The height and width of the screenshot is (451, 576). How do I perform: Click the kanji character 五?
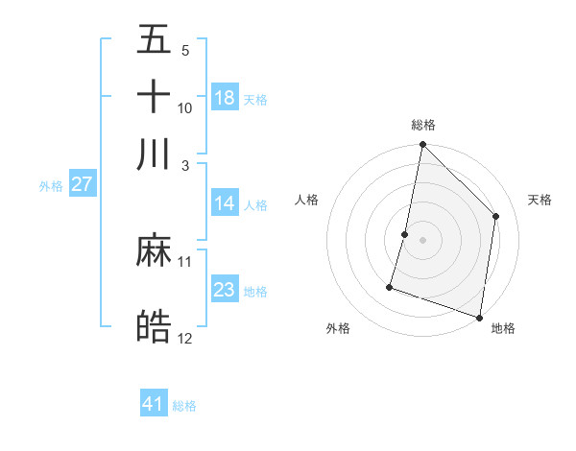pos(155,40)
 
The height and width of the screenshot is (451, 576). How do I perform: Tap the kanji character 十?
pos(155,97)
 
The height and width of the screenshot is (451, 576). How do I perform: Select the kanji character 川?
pos(155,154)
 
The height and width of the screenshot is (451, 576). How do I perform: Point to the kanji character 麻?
pos(155,251)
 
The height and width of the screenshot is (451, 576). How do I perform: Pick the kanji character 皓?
pos(155,327)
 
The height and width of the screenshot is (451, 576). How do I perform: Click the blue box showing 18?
pos(225,98)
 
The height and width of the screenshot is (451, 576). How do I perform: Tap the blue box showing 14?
pos(225,203)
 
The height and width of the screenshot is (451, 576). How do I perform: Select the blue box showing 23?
pos(225,290)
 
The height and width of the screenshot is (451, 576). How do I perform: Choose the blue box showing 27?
pos(82,185)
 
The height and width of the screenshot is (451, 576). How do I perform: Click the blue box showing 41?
pos(154,404)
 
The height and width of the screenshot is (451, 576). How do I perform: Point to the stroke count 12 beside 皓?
pos(185,338)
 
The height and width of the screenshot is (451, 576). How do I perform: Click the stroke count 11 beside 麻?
pos(185,261)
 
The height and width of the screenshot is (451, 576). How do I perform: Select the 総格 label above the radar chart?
pos(423,125)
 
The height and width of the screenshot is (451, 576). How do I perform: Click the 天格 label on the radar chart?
pos(540,200)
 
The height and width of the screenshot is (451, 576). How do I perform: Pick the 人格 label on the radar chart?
pos(306,200)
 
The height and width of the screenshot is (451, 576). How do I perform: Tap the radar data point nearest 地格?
pos(479,317)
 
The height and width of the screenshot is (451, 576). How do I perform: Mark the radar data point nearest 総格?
pos(422,145)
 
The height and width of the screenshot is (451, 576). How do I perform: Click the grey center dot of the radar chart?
pos(422,240)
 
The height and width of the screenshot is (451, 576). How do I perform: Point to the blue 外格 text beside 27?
pos(51,186)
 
